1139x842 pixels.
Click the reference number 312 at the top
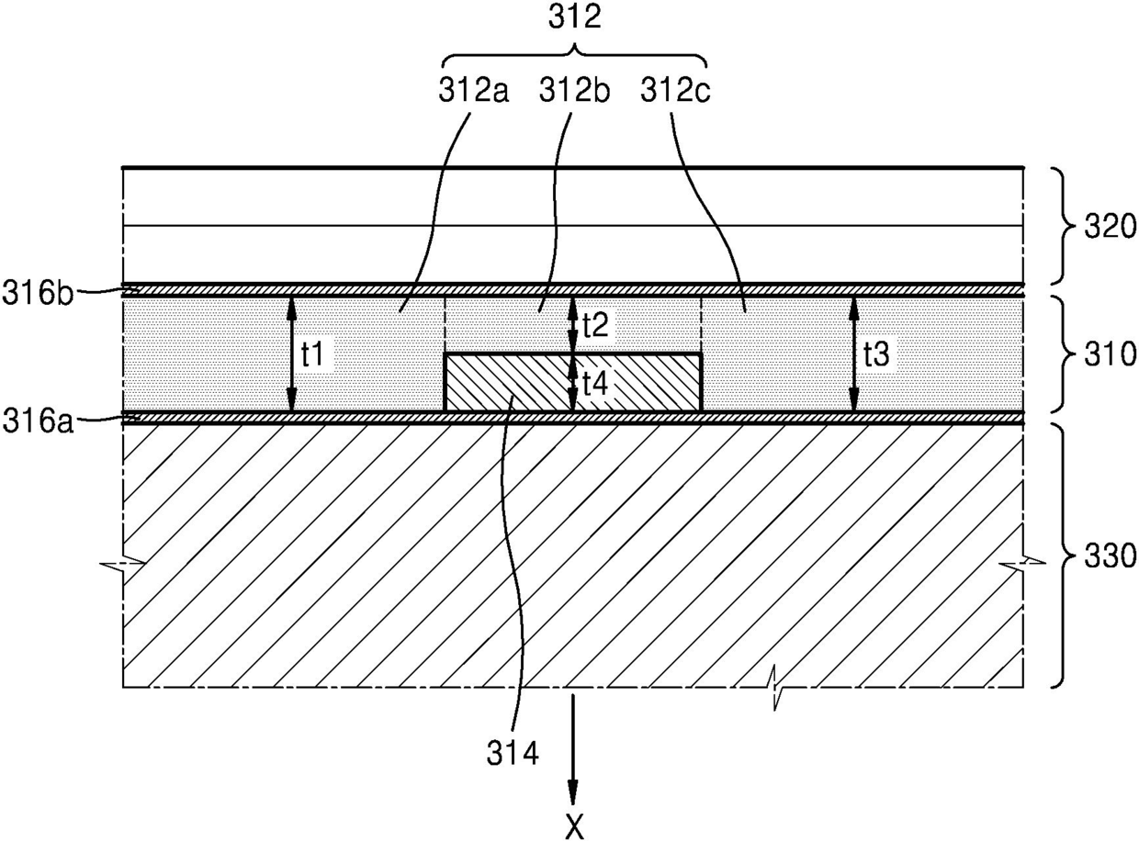pyautogui.click(x=575, y=18)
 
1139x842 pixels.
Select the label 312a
pyautogui.click(x=473, y=92)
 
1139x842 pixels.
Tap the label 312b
pyautogui.click(x=575, y=92)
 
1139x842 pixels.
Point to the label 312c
pyautogui.click(x=675, y=92)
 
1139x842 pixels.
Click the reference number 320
pyautogui.click(x=1110, y=227)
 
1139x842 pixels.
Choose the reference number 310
pyautogui.click(x=1110, y=354)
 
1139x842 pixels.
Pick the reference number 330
pyautogui.click(x=1110, y=556)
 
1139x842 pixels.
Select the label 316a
pyautogui.click(x=38, y=422)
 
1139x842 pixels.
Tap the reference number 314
pyautogui.click(x=513, y=754)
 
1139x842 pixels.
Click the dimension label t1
pyautogui.click(x=312, y=354)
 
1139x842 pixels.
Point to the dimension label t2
pyautogui.click(x=596, y=324)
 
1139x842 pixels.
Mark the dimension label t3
pyautogui.click(x=876, y=354)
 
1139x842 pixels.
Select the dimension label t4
pyautogui.click(x=596, y=383)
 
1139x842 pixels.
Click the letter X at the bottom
pyautogui.click(x=575, y=827)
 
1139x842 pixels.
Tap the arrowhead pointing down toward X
pyautogui.click(x=572, y=793)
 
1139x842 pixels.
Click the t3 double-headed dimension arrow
pyautogui.click(x=853, y=354)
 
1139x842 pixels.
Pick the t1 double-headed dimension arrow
pyautogui.click(x=291, y=354)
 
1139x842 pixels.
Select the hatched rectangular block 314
pyautogui.click(x=572, y=383)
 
